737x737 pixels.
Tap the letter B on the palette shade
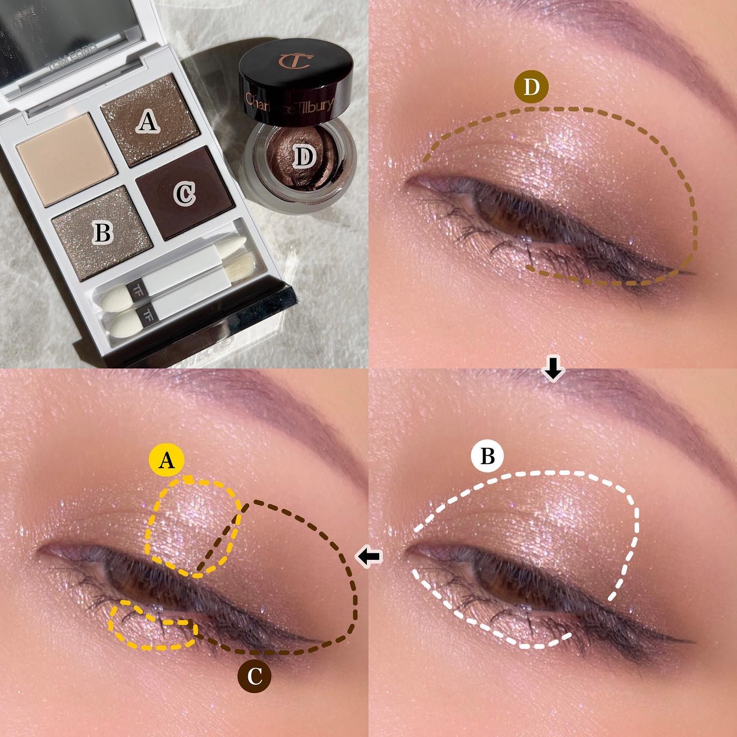[x=103, y=233]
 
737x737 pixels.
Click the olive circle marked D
[x=531, y=88]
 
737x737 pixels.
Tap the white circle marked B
[x=487, y=456]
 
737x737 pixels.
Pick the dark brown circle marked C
[x=254, y=677]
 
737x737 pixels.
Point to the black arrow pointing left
[x=369, y=556]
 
